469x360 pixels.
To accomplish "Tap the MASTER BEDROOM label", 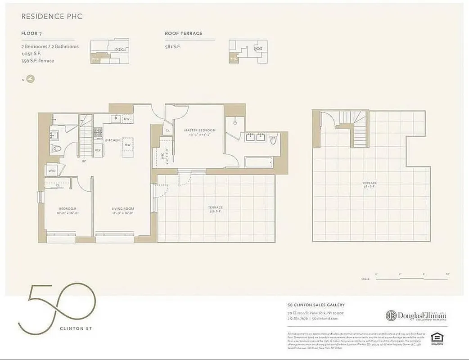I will pos(200,130).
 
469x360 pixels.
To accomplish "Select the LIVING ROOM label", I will pos(123,208).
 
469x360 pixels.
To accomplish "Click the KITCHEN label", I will pos(112,140).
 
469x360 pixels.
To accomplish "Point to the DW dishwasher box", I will pos(126,119).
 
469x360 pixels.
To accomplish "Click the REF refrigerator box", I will pos(98,150).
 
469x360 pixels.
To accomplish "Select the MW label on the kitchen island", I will pos(128,145).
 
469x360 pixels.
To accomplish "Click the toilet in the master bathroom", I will pos(273,140).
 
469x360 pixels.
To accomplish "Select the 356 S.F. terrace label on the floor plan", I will pos(215,209).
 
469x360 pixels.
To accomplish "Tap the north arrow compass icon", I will pos(30,79).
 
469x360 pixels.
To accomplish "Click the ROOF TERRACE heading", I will pos(184,33).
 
